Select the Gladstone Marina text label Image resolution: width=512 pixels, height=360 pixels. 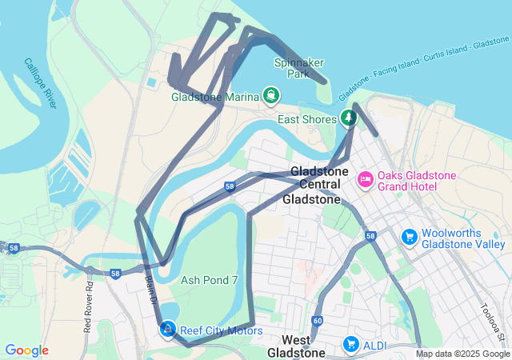pyautogui.click(x=215, y=98)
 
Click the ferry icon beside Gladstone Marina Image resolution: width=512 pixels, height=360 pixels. pyautogui.click(x=271, y=97)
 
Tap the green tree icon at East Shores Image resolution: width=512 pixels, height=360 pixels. pyautogui.click(x=348, y=118)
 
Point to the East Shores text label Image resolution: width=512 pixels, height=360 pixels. pyautogui.click(x=306, y=119)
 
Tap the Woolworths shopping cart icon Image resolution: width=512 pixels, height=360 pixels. pyautogui.click(x=409, y=236)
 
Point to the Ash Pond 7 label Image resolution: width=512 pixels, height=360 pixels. pyautogui.click(x=210, y=280)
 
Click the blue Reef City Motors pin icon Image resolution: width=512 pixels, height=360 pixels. pyautogui.click(x=167, y=329)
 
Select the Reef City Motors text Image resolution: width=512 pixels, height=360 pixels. pyautogui.click(x=221, y=330)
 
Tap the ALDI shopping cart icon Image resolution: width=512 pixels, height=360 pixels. pyautogui.click(x=350, y=344)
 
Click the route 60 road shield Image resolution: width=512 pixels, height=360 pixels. pyautogui.click(x=318, y=321)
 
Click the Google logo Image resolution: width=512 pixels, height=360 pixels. pyautogui.click(x=26, y=350)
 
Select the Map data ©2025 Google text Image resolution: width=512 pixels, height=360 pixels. pyautogui.click(x=462, y=354)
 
